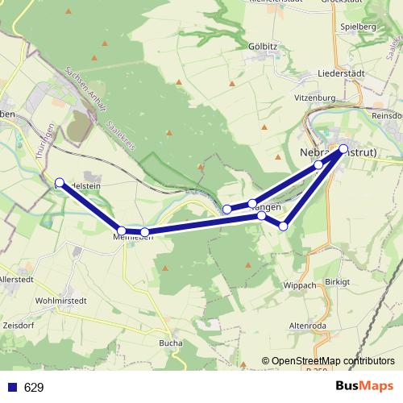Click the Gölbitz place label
tap(263, 47)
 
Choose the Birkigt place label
tap(339, 282)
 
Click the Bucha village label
tap(172, 343)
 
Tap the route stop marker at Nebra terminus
tap(343, 148)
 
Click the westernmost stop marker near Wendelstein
tap(60, 182)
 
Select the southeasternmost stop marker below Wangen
tap(283, 226)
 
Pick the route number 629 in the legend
tap(34, 388)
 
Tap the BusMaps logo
tap(364, 387)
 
